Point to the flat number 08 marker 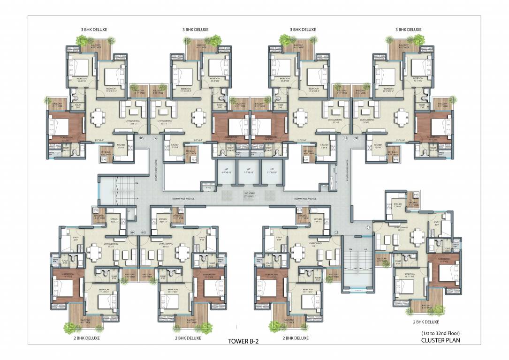357,138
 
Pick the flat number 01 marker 368,228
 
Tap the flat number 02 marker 336,232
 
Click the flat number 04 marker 133,232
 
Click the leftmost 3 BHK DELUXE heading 94,30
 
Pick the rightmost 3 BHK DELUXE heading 408,30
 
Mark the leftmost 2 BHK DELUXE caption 86,337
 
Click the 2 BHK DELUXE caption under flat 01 425,322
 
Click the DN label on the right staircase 349,249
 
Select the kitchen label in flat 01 398,205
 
